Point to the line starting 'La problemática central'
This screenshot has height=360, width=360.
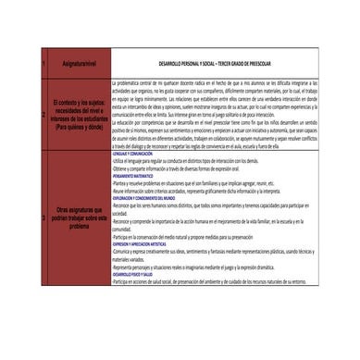point(213,82)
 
